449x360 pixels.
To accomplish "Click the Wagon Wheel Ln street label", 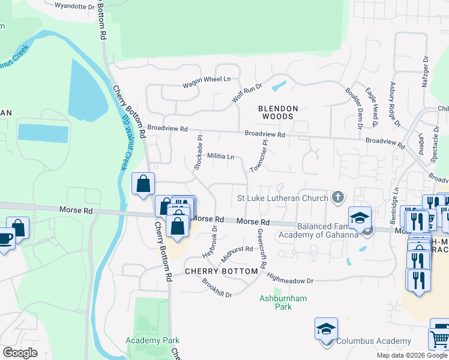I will tap(206, 79).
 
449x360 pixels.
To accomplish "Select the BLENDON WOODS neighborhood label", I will tap(278, 112).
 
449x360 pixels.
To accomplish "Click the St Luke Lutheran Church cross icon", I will tap(338, 197).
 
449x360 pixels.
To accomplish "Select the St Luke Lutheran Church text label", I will tap(282, 198).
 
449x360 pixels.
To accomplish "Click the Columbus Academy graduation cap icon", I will tap(325, 329).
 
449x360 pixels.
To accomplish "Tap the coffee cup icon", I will tap(5, 238).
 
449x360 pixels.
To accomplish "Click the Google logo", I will tap(20, 352).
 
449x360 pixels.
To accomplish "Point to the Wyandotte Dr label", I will tap(74, 5).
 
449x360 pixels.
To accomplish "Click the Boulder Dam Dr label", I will tap(353, 109).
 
